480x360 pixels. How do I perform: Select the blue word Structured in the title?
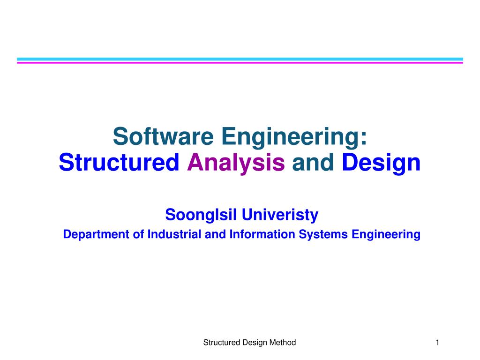(x=120, y=163)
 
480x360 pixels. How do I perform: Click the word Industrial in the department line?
(x=175, y=234)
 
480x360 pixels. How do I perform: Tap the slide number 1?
(x=437, y=343)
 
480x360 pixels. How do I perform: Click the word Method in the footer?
(x=283, y=343)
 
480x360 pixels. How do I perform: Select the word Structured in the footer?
(x=221, y=343)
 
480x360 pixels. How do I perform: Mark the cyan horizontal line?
(x=240, y=59)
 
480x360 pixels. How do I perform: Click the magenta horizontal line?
(x=240, y=62)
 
